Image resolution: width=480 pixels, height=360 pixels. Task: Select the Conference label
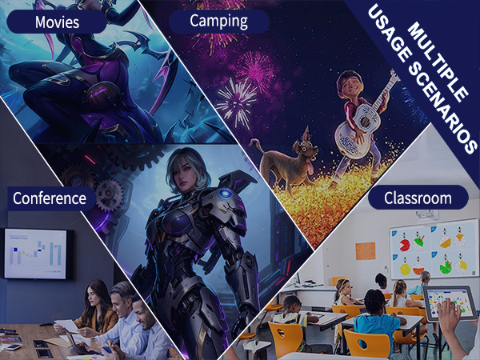[50, 197]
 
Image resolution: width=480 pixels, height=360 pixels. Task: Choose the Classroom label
[416, 197]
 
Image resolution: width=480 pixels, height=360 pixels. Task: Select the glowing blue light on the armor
[224, 194]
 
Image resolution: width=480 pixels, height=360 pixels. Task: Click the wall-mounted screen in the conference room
[36, 253]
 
